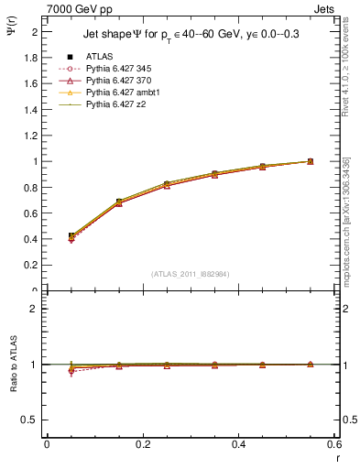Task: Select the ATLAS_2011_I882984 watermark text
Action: [x=191, y=273]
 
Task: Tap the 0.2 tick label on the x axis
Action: [x=143, y=444]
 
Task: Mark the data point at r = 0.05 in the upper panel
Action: [x=71, y=236]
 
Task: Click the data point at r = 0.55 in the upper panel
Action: [x=311, y=161]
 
